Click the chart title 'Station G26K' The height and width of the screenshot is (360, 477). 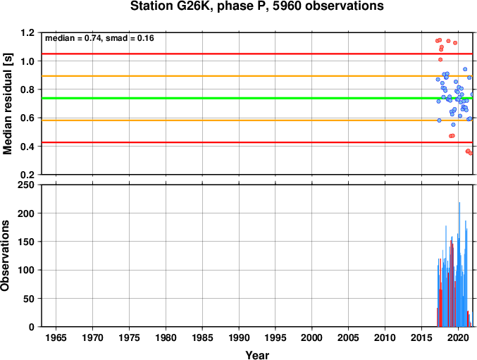[x=171, y=6]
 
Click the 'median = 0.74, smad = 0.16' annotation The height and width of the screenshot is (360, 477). [x=99, y=38]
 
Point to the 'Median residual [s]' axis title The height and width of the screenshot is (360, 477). [x=7, y=104]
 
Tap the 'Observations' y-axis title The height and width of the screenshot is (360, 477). [x=5, y=256]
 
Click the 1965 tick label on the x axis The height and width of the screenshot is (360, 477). [x=56, y=337]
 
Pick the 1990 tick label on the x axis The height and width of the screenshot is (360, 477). [x=239, y=337]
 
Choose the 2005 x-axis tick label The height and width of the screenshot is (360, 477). [x=348, y=337]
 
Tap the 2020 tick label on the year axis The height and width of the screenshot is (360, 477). [x=458, y=337]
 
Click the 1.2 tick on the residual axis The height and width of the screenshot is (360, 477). [x=27, y=32]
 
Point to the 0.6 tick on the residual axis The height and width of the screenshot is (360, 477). [x=27, y=118]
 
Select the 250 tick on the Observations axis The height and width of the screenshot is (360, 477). [x=26, y=185]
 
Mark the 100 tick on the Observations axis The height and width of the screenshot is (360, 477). [x=26, y=271]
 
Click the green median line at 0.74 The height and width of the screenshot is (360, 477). [x=257, y=98]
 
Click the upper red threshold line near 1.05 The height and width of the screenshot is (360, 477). [x=257, y=54]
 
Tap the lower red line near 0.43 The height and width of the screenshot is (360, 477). [x=257, y=142]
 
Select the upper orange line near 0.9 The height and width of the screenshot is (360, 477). [x=257, y=76]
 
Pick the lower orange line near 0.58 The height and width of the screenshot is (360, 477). [x=257, y=120]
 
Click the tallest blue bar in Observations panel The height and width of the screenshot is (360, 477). [x=459, y=264]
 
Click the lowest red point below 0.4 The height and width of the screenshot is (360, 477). [x=471, y=154]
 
